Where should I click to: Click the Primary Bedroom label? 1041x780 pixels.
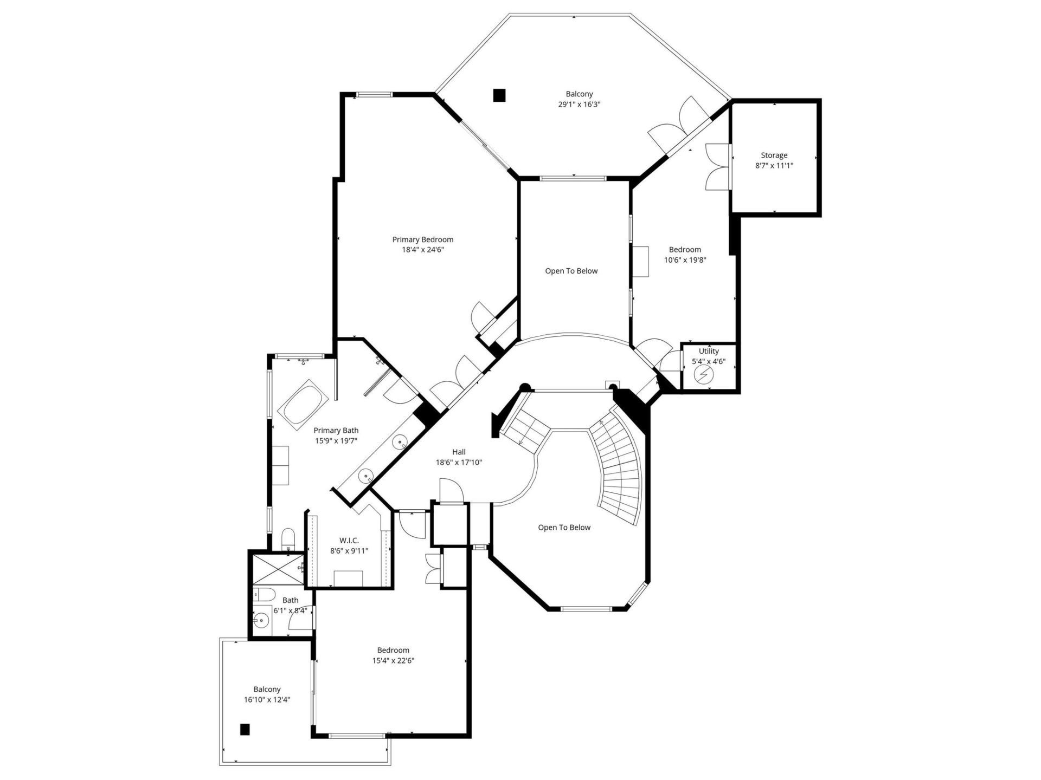(422, 239)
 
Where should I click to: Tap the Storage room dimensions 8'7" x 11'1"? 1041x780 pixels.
(774, 166)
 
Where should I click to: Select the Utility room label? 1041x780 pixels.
(709, 351)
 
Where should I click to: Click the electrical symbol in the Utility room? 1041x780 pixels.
(703, 374)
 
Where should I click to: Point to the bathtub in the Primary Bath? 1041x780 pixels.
(304, 405)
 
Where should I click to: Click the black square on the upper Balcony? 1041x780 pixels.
(499, 95)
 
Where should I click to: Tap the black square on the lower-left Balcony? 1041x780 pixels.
(245, 730)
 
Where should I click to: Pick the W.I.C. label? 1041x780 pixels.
(349, 541)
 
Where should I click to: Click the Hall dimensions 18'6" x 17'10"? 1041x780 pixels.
(459, 463)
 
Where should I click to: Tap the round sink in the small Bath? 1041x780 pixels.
(262, 620)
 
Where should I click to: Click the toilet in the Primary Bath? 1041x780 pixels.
(288, 538)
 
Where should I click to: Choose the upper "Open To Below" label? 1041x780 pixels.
(571, 271)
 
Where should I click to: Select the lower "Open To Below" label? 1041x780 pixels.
(564, 528)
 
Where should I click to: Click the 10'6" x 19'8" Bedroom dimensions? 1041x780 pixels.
(685, 260)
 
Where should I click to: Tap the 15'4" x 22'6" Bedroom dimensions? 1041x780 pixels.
(393, 661)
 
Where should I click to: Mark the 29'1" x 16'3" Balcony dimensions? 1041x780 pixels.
(579, 105)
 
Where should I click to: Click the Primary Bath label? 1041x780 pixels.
(336, 431)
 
